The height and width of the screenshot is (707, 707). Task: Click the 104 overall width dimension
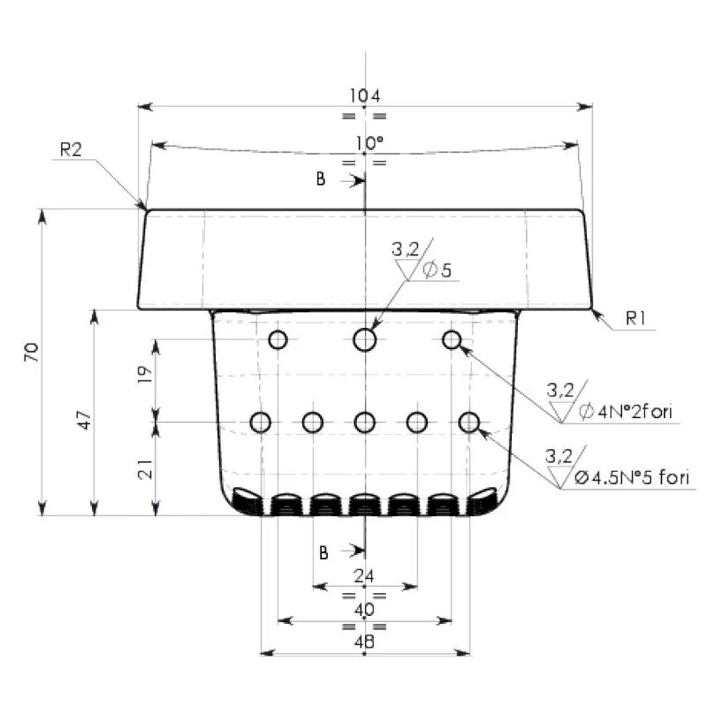pos(364,95)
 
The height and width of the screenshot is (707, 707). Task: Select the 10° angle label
pos(370,143)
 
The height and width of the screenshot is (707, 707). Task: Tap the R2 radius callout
pos(71,149)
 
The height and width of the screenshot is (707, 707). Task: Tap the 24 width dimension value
pos(363,576)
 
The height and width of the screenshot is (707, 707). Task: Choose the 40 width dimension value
pos(364,610)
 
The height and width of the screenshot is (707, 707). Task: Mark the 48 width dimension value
pos(363,642)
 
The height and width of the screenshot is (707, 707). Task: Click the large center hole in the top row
pos(364,339)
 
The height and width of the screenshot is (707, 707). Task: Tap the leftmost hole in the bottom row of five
pos(260,422)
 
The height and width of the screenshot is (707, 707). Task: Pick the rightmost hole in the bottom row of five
pos(469,422)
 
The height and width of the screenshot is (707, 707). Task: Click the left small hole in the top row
pos(277,339)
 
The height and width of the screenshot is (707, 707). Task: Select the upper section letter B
pos(322,180)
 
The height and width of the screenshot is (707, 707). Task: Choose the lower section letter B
pos(324,552)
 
